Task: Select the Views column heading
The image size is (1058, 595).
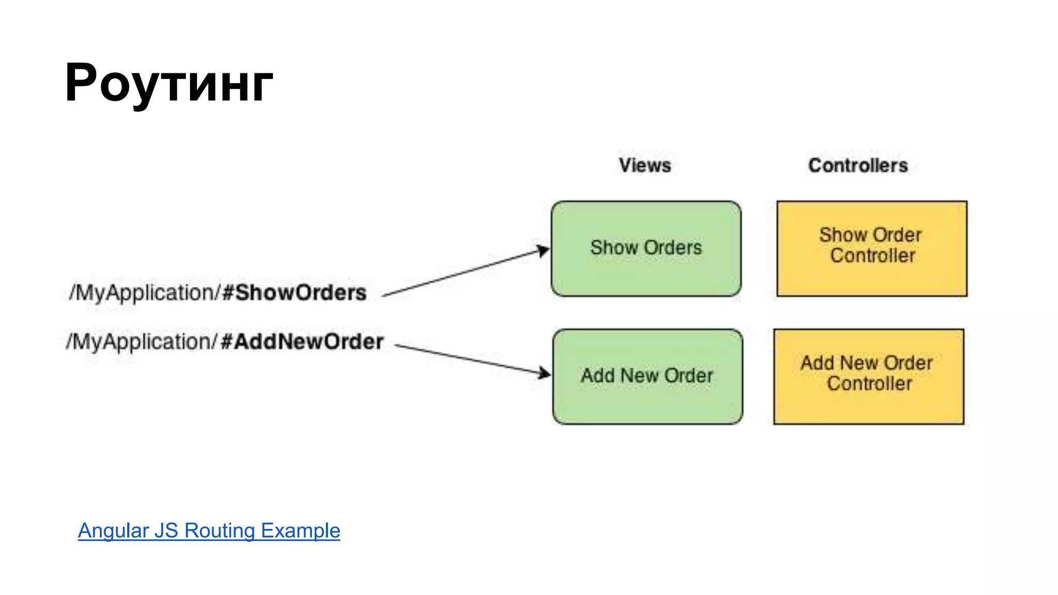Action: click(645, 165)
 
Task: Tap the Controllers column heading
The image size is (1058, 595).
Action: click(858, 165)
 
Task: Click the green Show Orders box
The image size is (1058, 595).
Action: click(646, 248)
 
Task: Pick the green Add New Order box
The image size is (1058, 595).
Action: click(647, 377)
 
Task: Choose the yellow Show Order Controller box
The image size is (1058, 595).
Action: click(872, 248)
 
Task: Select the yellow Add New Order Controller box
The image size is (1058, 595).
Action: click(868, 377)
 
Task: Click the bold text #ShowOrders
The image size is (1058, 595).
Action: click(294, 293)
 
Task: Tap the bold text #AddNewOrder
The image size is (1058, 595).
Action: click(302, 342)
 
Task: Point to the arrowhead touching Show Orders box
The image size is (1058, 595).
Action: click(543, 251)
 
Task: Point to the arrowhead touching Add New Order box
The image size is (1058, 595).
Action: click(544, 372)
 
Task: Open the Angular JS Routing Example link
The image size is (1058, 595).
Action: click(209, 530)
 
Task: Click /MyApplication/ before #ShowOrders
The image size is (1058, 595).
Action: click(145, 293)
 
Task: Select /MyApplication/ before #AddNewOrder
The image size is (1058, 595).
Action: click(142, 342)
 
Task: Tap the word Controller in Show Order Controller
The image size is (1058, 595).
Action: click(873, 256)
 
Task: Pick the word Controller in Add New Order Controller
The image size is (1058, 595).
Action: click(869, 384)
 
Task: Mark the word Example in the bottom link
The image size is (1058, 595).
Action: click(300, 530)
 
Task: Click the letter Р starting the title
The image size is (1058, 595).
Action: click(81, 83)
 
